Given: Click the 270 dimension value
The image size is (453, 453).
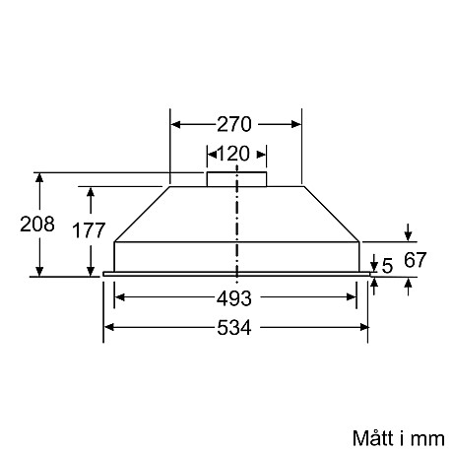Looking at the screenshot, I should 236,125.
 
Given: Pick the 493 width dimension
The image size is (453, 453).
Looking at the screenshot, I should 234,297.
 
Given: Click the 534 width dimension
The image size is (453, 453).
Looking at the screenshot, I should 234,328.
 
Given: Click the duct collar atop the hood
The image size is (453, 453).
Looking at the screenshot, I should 236,179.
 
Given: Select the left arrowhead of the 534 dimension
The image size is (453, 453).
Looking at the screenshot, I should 109,327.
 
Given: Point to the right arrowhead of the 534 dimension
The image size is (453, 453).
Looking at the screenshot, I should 363,327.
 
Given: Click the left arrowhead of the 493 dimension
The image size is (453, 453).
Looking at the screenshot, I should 120,296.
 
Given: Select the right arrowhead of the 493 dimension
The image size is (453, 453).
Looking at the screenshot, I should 353,296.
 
